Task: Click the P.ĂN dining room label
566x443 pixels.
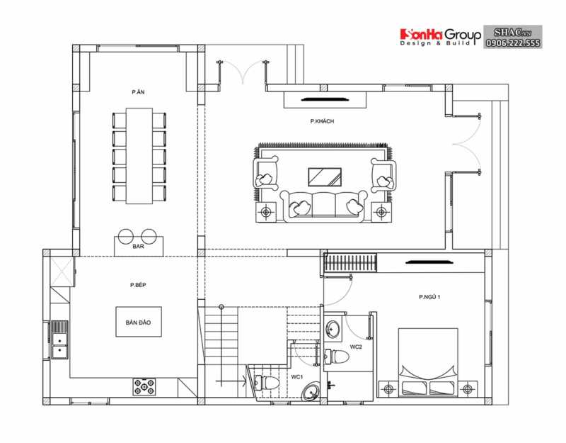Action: pyautogui.click(x=138, y=93)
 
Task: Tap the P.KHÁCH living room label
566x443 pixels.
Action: pyautogui.click(x=322, y=121)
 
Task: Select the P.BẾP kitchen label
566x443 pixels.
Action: pyautogui.click(x=138, y=285)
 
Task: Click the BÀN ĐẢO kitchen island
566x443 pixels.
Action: pyautogui.click(x=139, y=322)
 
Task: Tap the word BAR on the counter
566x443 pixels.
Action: pyautogui.click(x=138, y=247)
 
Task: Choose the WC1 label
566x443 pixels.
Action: pyautogui.click(x=297, y=376)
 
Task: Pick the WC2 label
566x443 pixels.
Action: pyautogui.click(x=356, y=347)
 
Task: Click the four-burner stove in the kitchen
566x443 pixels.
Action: pyautogui.click(x=144, y=386)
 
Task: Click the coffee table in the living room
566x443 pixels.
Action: pyautogui.click(x=325, y=176)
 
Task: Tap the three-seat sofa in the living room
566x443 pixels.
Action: pyautogui.click(x=325, y=206)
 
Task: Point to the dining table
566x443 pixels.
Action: pyautogui.click(x=139, y=154)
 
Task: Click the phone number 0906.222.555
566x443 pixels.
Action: pyautogui.click(x=513, y=43)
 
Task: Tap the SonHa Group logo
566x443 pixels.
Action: pyautogui.click(x=440, y=35)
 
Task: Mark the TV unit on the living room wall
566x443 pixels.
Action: pyautogui.click(x=325, y=99)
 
